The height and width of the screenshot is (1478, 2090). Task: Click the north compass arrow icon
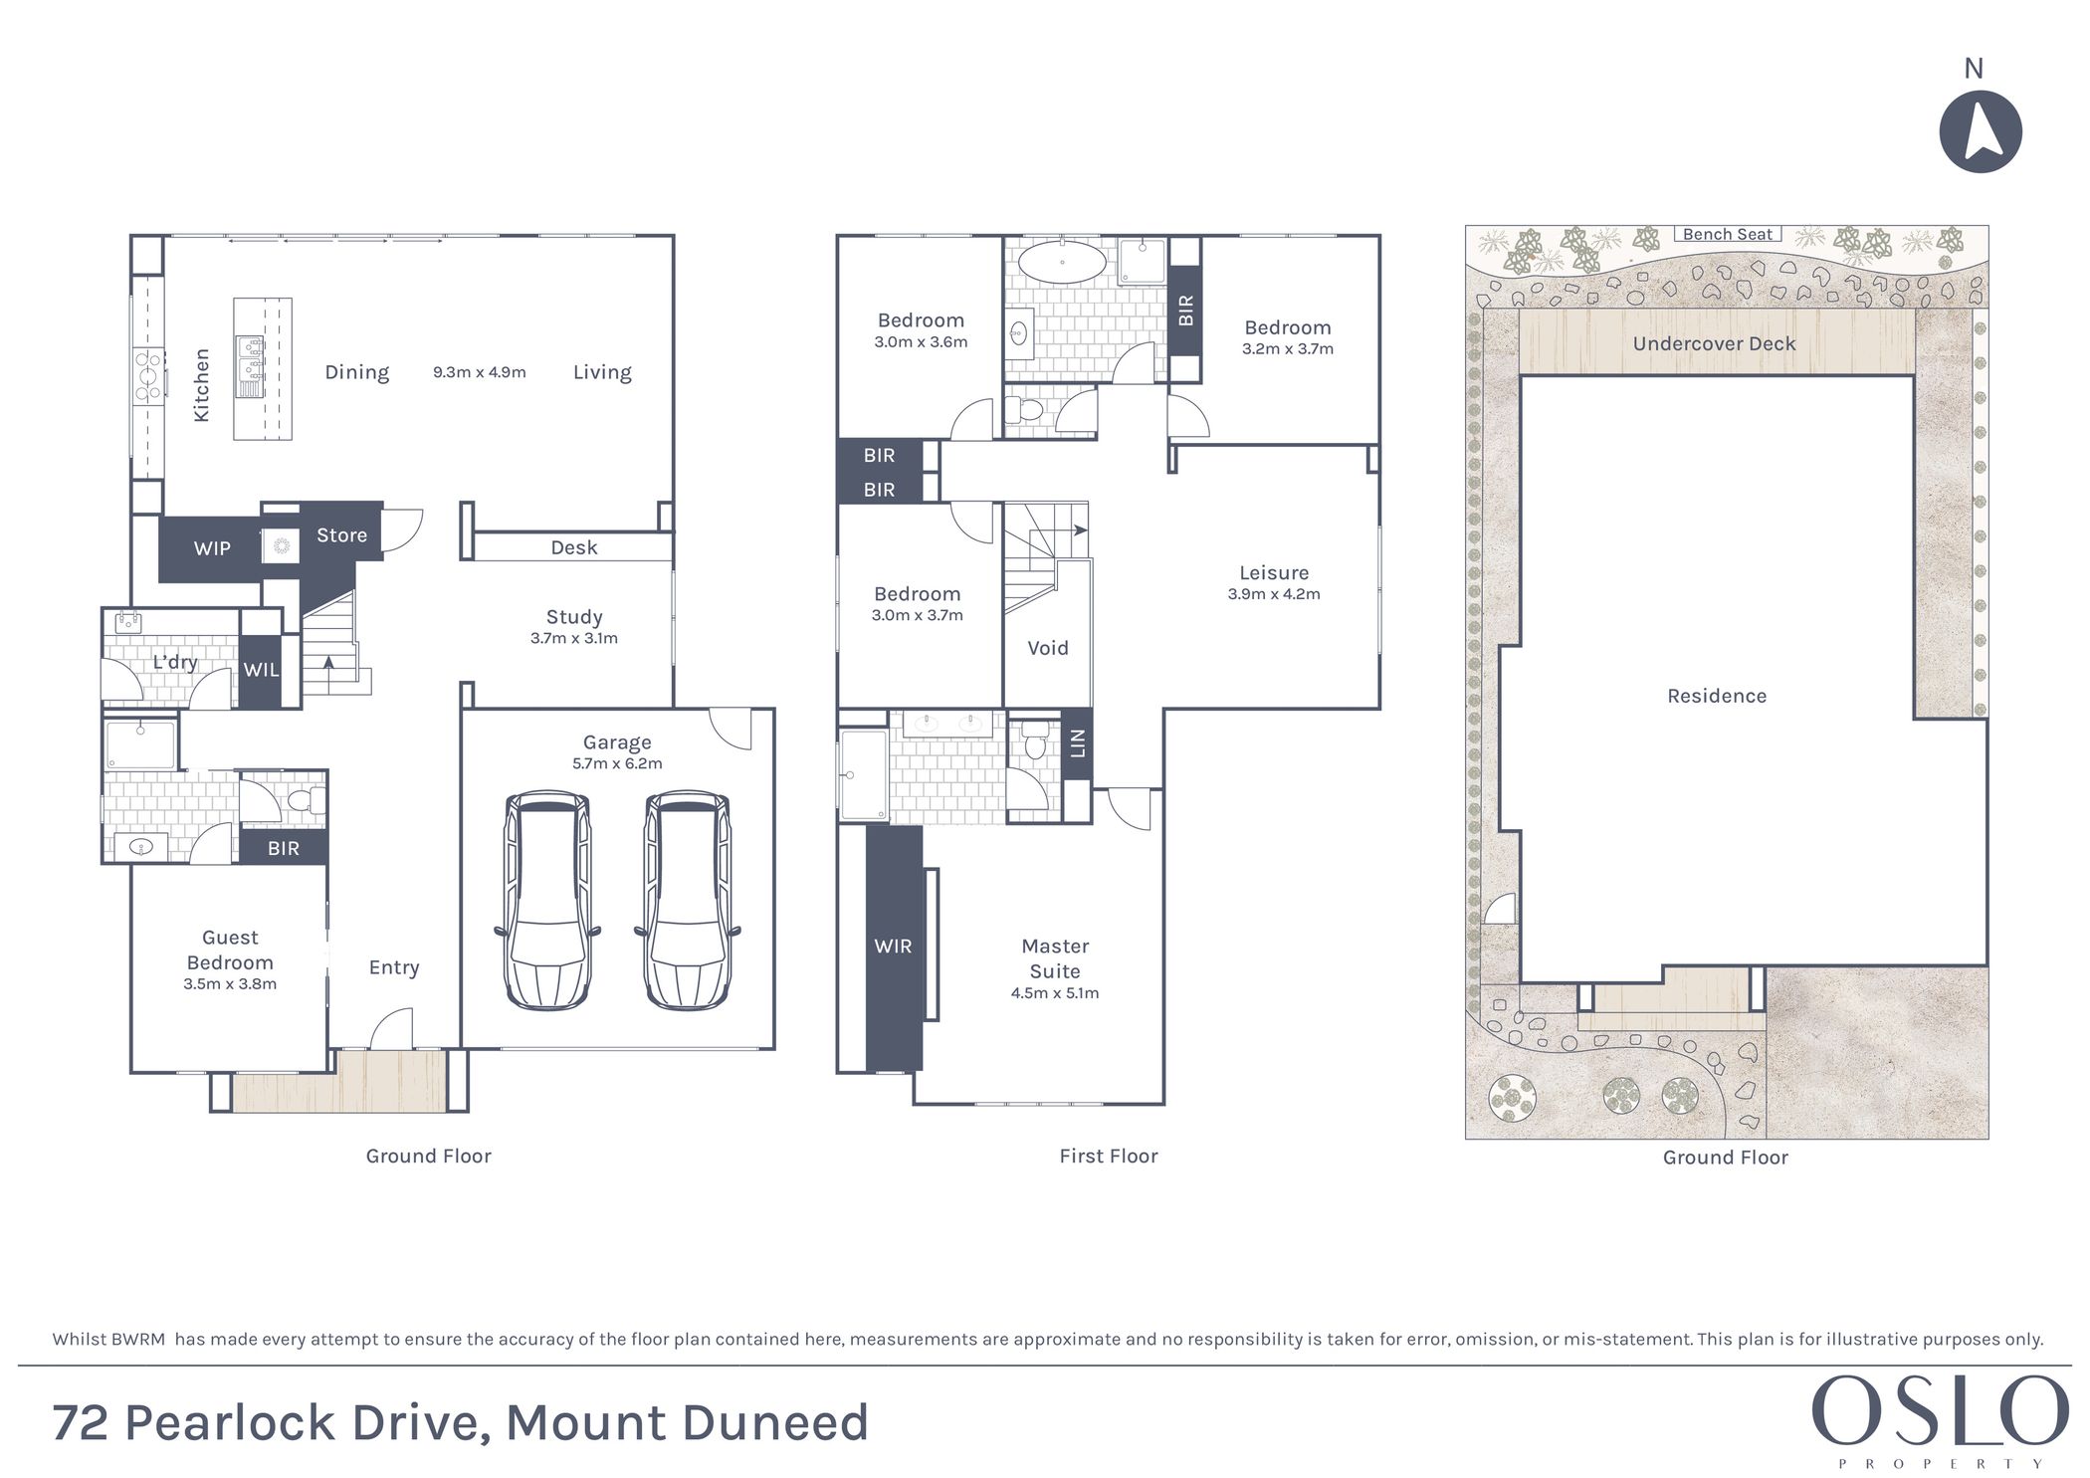point(1981,132)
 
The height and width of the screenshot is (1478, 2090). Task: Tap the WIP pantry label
point(212,548)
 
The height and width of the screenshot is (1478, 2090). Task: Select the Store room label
point(341,535)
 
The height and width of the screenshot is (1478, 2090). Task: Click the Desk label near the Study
point(574,547)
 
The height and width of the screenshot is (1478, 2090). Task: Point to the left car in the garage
point(547,901)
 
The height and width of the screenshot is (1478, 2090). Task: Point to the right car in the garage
point(687,901)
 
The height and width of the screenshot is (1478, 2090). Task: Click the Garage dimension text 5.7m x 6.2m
point(617,763)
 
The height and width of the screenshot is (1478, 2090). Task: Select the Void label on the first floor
point(1048,648)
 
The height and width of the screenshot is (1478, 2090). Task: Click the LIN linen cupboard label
point(1077,742)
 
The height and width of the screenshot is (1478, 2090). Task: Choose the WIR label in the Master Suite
point(893,947)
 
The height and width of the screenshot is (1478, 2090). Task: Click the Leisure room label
point(1274,572)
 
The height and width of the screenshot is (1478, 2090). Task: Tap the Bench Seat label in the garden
point(1728,235)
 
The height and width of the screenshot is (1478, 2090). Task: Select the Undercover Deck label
point(1714,343)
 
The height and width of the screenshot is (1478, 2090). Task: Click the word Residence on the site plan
point(1717,696)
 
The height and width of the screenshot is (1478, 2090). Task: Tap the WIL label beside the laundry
point(262,670)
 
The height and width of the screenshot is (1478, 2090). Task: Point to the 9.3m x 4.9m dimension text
point(480,372)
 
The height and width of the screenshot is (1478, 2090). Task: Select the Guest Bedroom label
point(230,950)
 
